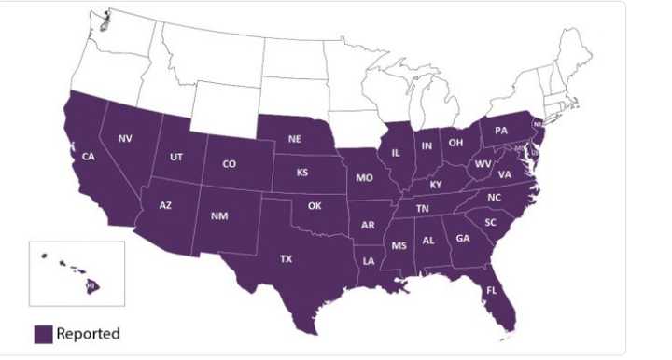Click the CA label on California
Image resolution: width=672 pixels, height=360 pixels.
[88, 157]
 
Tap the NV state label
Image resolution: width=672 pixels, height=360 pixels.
[125, 139]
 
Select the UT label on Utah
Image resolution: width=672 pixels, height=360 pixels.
[176, 158]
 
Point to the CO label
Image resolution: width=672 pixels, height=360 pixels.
[229, 165]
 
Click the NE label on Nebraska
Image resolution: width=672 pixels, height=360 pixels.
[295, 139]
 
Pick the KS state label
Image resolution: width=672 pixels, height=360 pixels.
[302, 173]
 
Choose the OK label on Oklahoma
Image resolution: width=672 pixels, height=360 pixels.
[315, 206]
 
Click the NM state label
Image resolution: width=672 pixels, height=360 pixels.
[220, 216]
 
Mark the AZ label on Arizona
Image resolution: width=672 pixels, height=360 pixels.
[165, 205]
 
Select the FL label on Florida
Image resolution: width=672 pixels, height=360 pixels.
[490, 292]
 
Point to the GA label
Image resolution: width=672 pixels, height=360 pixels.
[463, 238]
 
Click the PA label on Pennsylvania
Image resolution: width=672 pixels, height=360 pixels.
[500, 131]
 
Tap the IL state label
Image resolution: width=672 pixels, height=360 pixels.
[396, 152]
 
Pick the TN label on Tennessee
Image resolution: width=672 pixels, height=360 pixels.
[423, 209]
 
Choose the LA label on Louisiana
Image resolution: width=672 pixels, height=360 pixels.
[369, 261]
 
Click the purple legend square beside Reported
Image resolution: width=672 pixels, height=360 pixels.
[43, 334]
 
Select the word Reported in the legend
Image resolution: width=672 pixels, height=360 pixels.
[88, 334]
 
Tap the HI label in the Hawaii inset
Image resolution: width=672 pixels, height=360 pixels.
[91, 285]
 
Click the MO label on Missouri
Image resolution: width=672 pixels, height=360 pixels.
[364, 177]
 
